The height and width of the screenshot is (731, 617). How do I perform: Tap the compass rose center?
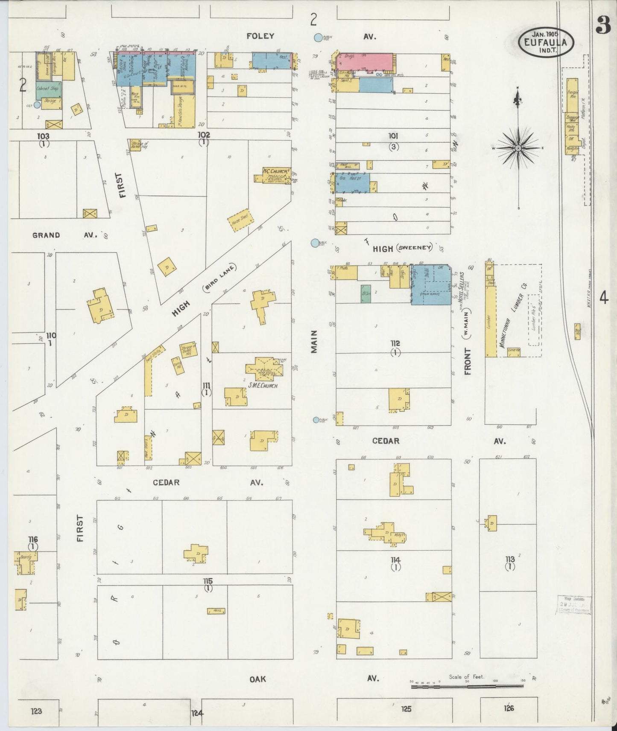518,148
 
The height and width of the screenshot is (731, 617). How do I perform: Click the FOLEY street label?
260,36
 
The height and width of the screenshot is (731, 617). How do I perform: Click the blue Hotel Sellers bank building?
431,284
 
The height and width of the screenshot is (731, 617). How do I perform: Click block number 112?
395,343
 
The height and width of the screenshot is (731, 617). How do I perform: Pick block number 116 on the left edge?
33,540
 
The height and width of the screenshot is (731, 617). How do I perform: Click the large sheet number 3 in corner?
604,26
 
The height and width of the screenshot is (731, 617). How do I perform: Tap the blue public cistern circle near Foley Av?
318,38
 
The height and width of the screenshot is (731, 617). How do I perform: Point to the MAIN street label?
314,341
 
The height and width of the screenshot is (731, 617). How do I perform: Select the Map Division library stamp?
573,605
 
